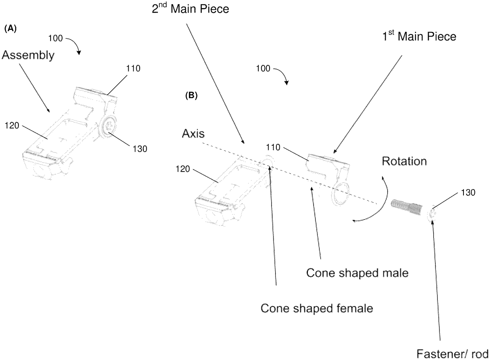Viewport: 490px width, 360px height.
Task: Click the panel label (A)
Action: pyautogui.click(x=10, y=29)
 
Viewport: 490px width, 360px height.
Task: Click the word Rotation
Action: pyautogui.click(x=404, y=161)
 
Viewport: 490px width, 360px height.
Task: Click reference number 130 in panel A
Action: pyautogui.click(x=140, y=148)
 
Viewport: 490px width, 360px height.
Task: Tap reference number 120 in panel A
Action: pyautogui.click(x=12, y=127)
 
